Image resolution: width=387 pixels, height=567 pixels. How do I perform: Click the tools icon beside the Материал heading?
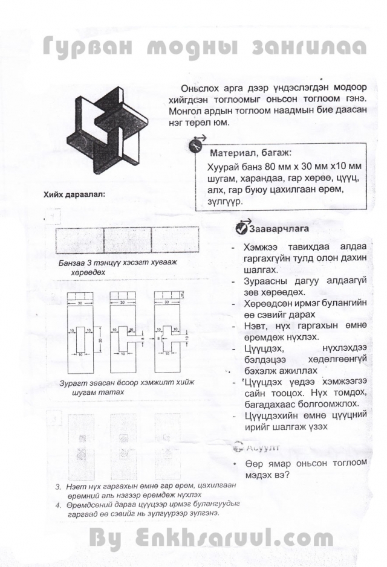point(195,146)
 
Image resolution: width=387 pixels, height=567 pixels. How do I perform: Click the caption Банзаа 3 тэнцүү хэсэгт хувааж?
point(118,263)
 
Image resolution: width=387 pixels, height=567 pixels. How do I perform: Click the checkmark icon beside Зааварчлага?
point(240,228)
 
